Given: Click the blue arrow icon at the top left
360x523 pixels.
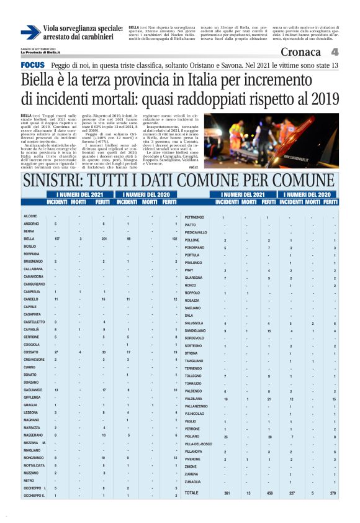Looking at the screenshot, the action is click(x=30, y=32).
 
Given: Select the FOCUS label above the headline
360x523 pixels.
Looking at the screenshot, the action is click(x=32, y=65).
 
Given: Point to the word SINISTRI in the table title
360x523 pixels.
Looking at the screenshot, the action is click(x=55, y=181).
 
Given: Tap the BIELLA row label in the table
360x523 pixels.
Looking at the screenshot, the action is click(x=29, y=239).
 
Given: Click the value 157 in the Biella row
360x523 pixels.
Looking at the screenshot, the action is click(x=56, y=239).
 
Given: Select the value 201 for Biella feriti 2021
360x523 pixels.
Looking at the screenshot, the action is click(x=104, y=239).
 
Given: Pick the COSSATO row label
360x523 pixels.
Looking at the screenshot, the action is click(x=30, y=352).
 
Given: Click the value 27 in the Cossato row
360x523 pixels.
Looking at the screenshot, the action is click(x=56, y=352).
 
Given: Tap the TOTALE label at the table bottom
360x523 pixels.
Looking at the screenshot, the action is click(x=192, y=493).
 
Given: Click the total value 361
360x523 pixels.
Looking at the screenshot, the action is click(x=227, y=493).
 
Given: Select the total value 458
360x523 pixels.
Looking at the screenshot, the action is click(x=269, y=493).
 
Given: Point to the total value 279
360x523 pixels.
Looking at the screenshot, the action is click(x=333, y=493).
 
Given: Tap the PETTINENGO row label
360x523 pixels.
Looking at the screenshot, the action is click(x=195, y=217).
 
